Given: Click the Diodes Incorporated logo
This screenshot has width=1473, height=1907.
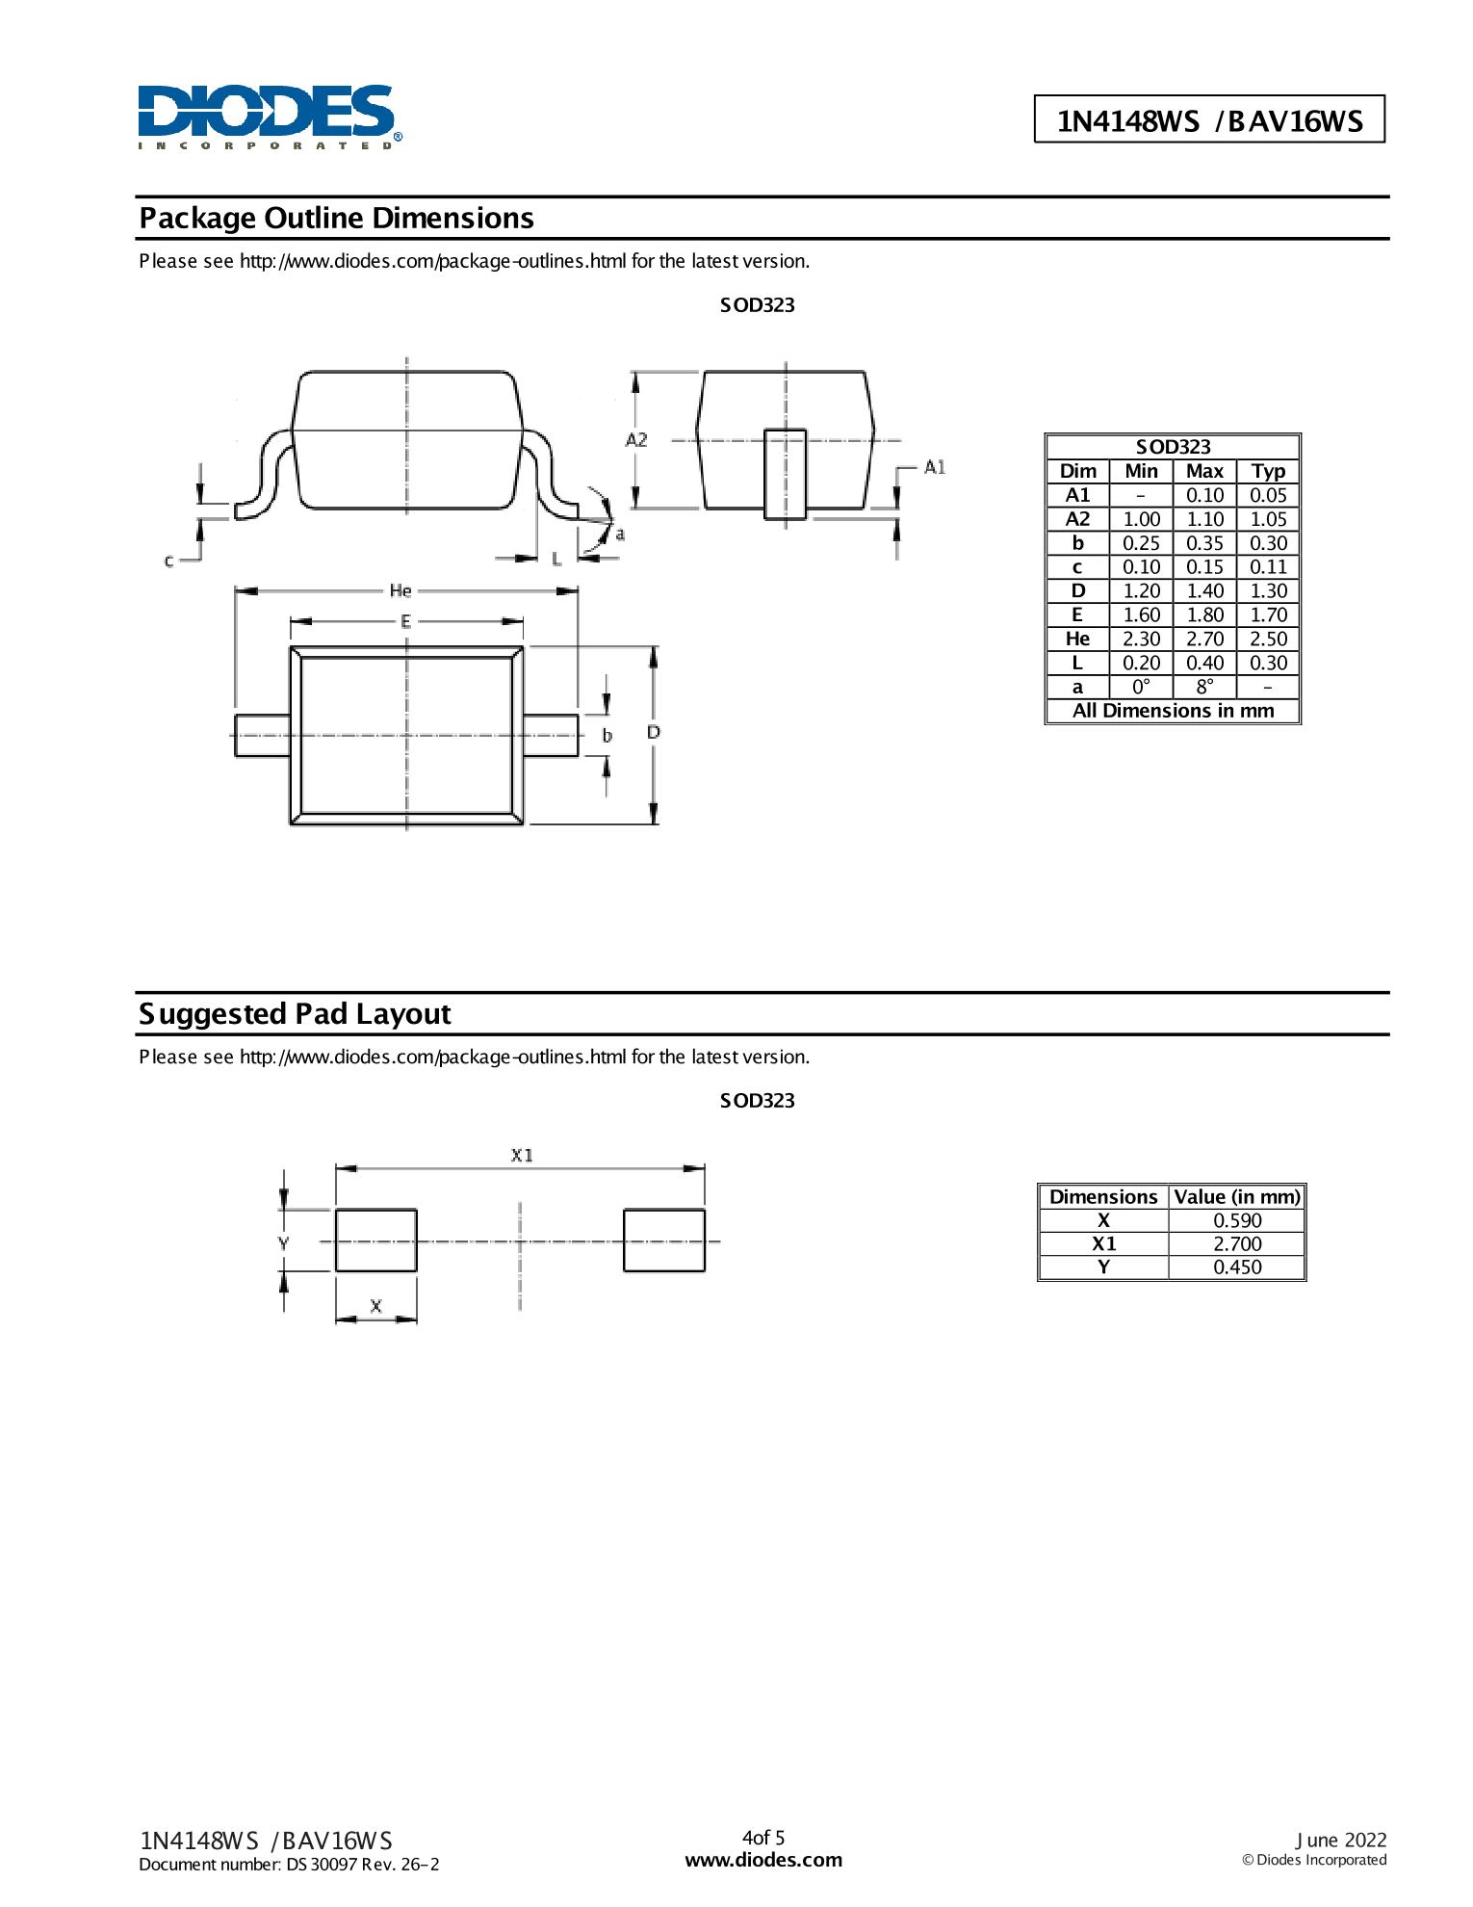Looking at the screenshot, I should pyautogui.click(x=269, y=116).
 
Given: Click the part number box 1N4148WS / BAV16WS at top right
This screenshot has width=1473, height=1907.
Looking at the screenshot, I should pyautogui.click(x=1209, y=120).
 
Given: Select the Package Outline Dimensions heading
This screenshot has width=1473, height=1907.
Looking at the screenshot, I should pyautogui.click(x=336, y=219).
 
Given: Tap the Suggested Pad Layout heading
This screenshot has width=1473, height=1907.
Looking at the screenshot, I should pyautogui.click(x=295, y=1014).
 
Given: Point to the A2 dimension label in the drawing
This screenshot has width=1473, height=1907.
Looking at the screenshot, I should pyautogui.click(x=636, y=440).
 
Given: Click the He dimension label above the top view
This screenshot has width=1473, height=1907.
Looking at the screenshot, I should pyautogui.click(x=401, y=590).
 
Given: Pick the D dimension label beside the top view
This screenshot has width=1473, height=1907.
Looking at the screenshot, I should pyautogui.click(x=654, y=732).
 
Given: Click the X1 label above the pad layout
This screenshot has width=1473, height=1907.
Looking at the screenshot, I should pyautogui.click(x=522, y=1155).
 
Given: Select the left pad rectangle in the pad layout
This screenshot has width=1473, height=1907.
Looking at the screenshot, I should pyautogui.click(x=375, y=1241).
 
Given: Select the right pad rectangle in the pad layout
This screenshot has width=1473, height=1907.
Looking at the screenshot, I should pyautogui.click(x=664, y=1241).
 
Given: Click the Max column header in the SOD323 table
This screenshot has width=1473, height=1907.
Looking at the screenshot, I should pyautogui.click(x=1204, y=471).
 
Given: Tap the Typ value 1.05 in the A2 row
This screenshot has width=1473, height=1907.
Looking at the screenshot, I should pyautogui.click(x=1268, y=519).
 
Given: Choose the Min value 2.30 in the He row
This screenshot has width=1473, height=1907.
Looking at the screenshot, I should pyautogui.click(x=1141, y=639).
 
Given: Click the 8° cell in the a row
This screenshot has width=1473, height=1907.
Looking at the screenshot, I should pyautogui.click(x=1204, y=687).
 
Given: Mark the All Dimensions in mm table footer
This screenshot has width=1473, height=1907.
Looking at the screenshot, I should pyautogui.click(x=1173, y=711).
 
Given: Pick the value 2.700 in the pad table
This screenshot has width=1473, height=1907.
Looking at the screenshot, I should pyautogui.click(x=1237, y=1243).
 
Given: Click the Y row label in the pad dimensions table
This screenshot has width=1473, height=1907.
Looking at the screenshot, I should pyautogui.click(x=1103, y=1267).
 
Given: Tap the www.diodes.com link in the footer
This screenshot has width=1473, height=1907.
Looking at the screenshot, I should pyautogui.click(x=763, y=1860).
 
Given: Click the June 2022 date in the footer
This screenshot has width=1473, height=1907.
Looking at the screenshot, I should pyautogui.click(x=1340, y=1840).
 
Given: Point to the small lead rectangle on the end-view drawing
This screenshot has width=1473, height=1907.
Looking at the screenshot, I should pyautogui.click(x=785, y=474).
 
